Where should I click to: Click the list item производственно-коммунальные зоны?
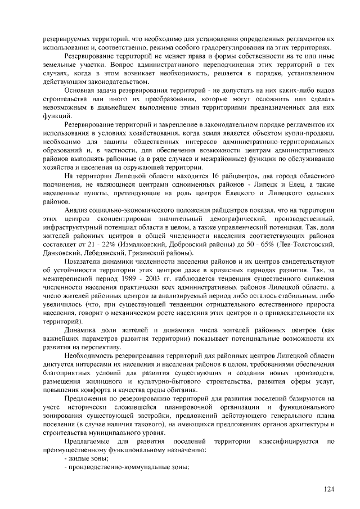coord(126,467)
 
